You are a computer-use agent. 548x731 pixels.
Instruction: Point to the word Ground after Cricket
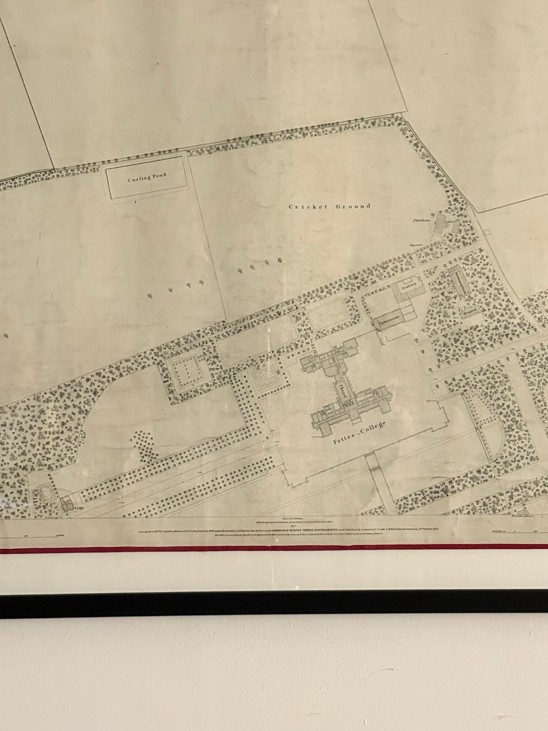(x=352, y=206)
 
